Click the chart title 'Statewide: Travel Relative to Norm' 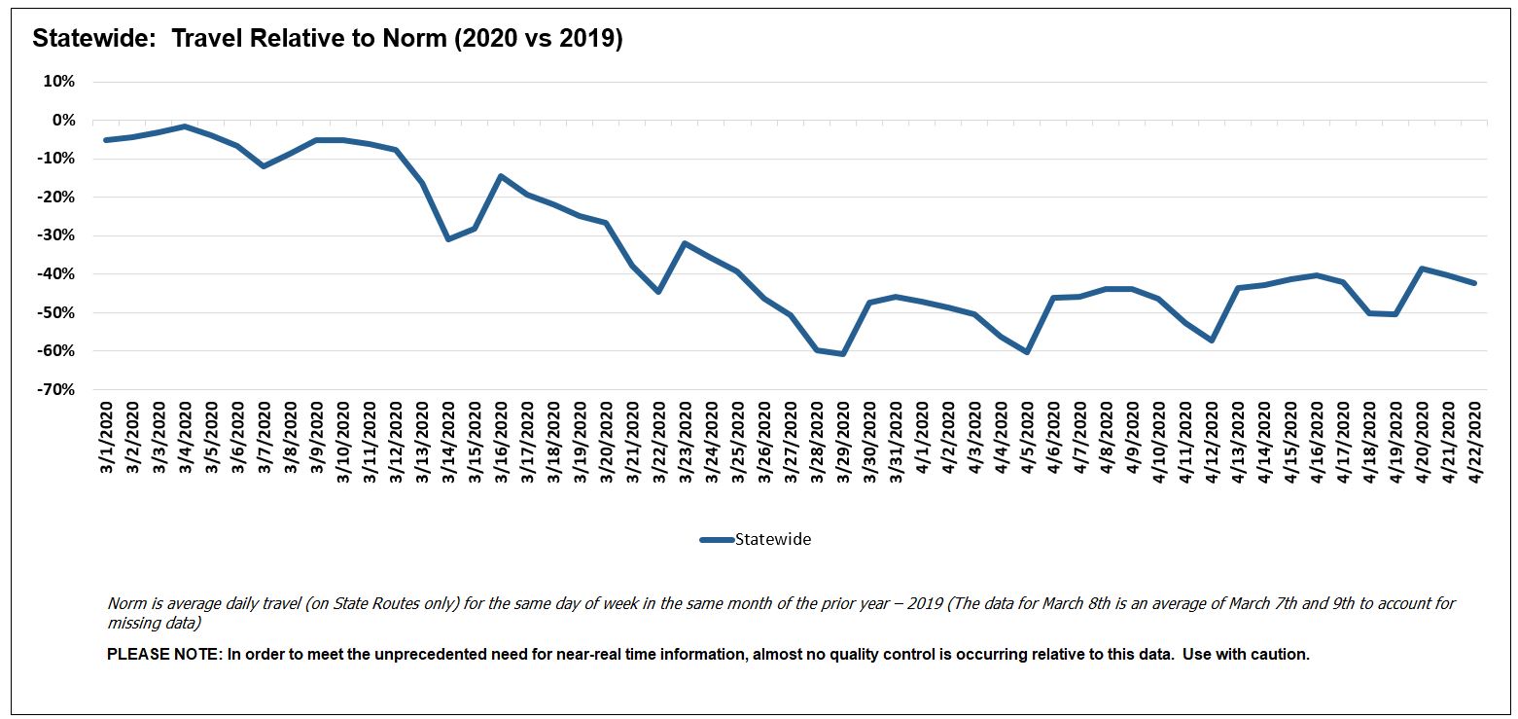(x=327, y=39)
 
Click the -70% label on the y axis (x=55, y=389)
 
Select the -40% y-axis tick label (x=55, y=274)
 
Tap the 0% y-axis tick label (x=62, y=121)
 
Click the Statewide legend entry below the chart (x=756, y=540)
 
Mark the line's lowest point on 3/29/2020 (x=843, y=353)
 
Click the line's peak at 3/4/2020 (x=185, y=126)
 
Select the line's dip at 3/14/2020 (x=447, y=238)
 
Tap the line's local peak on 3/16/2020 (x=500, y=176)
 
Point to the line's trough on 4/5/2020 (x=1027, y=351)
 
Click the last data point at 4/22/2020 (x=1474, y=283)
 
